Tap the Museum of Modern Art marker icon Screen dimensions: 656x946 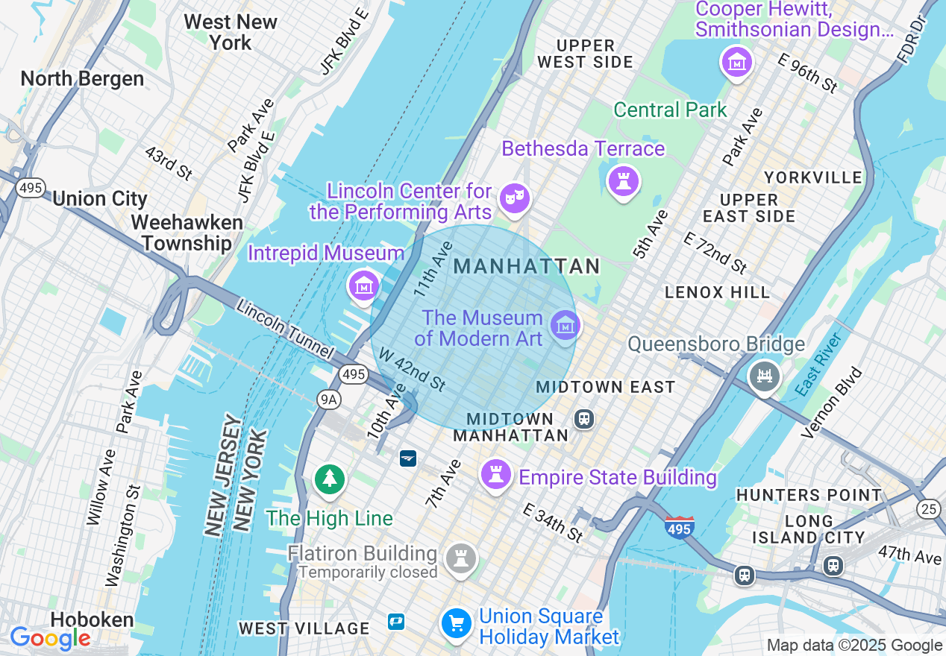tap(565, 326)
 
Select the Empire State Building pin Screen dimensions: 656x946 tap(495, 473)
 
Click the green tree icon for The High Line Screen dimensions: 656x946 tap(329, 479)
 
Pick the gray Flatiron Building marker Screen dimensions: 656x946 tap(460, 558)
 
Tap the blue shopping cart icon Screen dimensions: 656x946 tap(456, 623)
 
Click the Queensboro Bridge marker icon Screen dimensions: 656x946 tap(765, 376)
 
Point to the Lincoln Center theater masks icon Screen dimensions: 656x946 tap(515, 198)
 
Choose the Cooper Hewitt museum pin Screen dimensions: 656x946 tap(736, 63)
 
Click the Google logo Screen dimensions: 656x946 tap(50, 638)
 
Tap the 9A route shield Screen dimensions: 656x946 tap(328, 400)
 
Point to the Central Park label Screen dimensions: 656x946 tap(670, 110)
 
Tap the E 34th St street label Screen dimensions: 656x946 tap(553, 522)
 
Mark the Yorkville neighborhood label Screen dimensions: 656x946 tap(812, 177)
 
